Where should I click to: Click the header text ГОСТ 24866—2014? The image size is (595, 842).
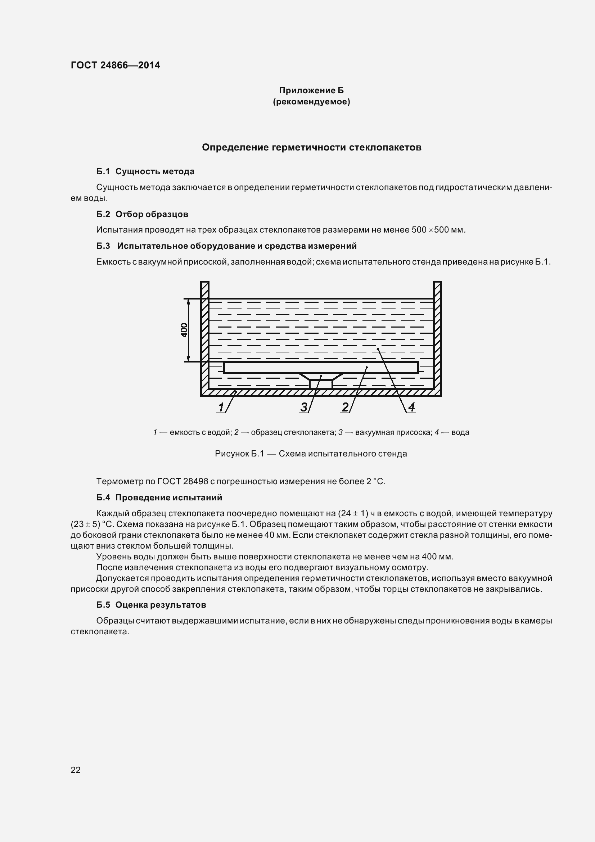coord(115,65)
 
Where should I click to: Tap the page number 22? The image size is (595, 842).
coord(76,770)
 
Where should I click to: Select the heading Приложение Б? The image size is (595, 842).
coord(311,90)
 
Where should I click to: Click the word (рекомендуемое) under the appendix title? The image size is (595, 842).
coord(311,102)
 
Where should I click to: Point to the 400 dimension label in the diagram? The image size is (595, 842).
coord(184,330)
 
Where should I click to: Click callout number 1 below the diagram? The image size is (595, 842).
coord(221,407)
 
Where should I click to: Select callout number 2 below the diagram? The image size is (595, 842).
coord(345,407)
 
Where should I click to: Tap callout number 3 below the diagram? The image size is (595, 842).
coord(304,407)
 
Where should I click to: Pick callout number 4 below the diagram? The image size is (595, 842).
coord(411,407)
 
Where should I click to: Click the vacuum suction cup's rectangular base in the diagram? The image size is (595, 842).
coord(321,384)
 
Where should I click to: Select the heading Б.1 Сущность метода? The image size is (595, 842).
coord(145,171)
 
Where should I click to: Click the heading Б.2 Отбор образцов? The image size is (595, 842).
coord(142,214)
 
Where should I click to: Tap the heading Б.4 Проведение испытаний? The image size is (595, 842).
coord(159,497)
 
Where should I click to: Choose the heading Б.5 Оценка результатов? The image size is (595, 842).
coord(151,605)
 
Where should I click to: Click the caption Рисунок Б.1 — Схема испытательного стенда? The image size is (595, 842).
coord(311,454)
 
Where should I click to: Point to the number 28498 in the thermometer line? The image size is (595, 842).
coord(195,481)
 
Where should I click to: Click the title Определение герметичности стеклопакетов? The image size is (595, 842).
coord(311,148)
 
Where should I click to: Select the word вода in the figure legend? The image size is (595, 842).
coord(460,432)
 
